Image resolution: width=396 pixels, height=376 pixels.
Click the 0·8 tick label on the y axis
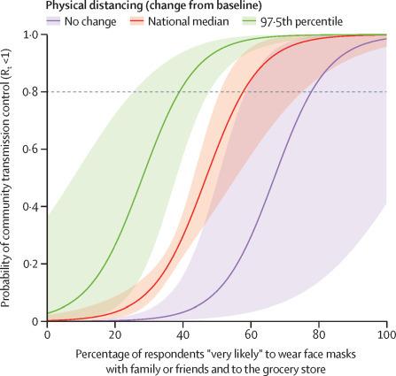coord(32,92)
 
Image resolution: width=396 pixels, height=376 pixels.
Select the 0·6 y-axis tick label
coord(32,149)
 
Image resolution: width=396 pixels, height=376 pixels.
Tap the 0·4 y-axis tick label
coord(32,206)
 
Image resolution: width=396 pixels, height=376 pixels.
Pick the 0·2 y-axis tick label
coord(32,264)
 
